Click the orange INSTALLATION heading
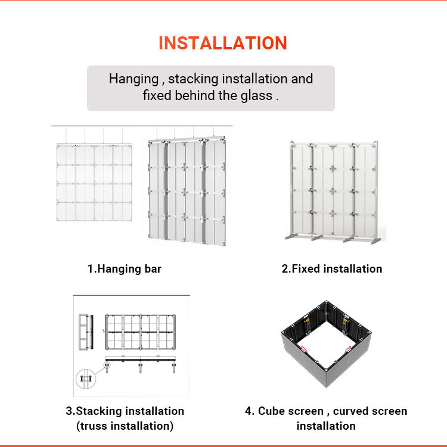click(223, 43)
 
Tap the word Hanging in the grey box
click(134, 79)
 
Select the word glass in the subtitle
click(256, 95)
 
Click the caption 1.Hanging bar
click(124, 269)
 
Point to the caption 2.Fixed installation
click(332, 269)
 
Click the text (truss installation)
click(125, 426)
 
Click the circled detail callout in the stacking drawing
click(86, 379)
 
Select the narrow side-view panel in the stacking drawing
click(86, 332)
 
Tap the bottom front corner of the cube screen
click(326, 387)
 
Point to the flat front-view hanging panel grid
click(94, 182)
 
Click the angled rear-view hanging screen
click(187, 191)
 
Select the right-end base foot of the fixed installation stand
click(375, 241)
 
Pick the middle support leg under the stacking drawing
click(140, 367)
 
